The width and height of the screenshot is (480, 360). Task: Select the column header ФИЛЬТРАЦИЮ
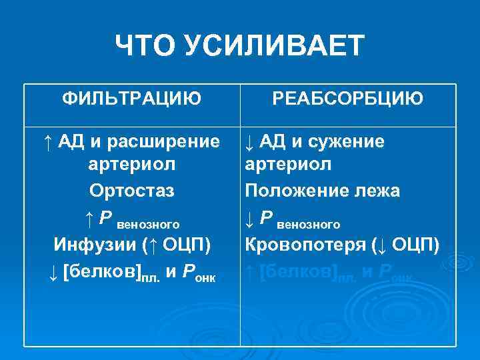coord(131,99)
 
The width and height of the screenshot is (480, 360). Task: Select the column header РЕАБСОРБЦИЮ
coord(347,99)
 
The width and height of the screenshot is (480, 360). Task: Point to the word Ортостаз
coord(131,191)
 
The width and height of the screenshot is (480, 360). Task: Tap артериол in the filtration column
coord(131,165)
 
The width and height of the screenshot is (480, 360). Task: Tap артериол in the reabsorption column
coord(288,165)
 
